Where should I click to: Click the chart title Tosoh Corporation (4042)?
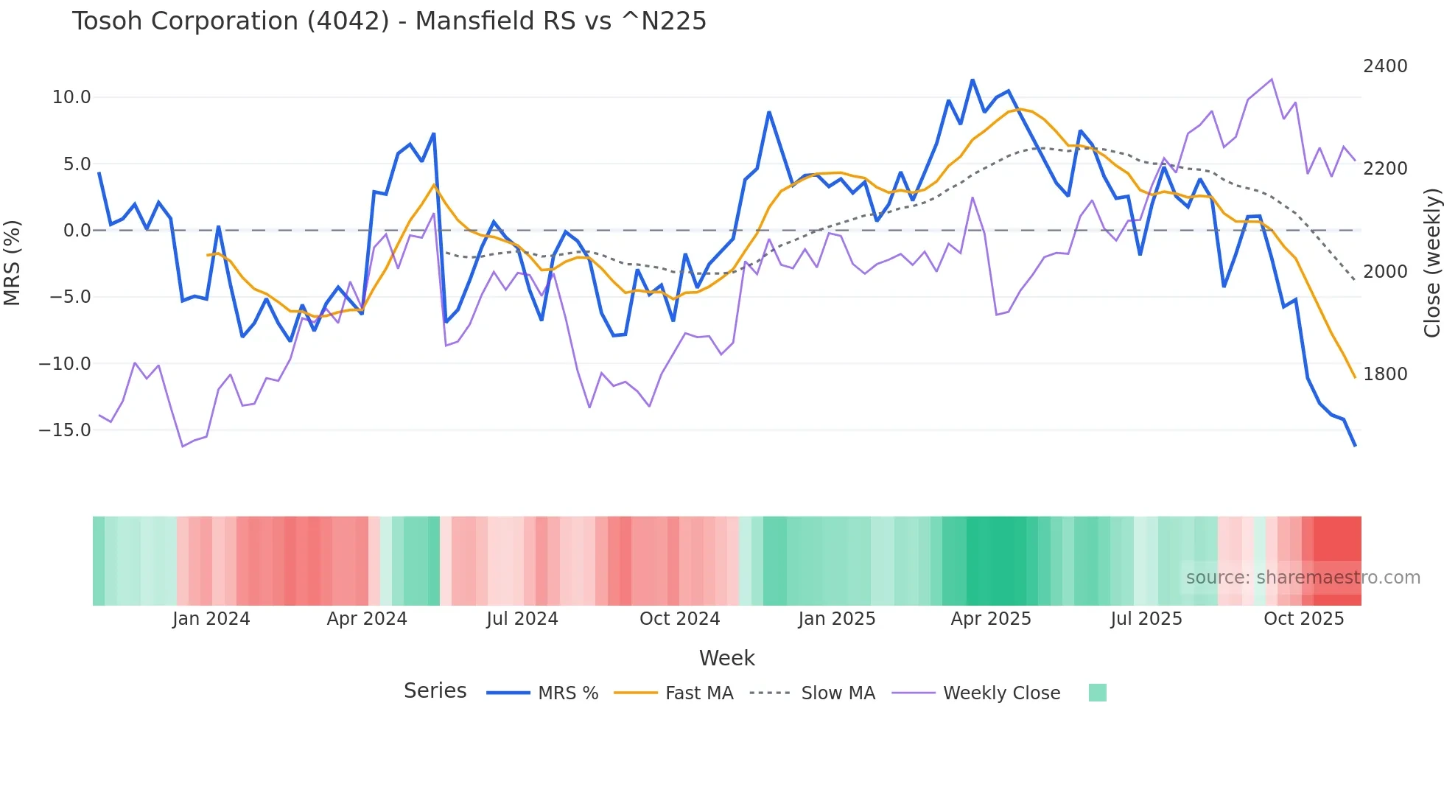[x=389, y=21]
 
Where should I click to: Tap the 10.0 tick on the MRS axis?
[x=71, y=97]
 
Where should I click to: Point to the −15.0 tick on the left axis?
[x=65, y=430]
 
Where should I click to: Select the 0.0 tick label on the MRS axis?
[x=77, y=231]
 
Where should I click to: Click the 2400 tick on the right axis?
[x=1385, y=66]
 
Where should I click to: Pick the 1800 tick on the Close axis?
[x=1385, y=374]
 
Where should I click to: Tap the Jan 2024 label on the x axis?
[x=211, y=619]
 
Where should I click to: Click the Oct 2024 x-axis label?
[x=679, y=619]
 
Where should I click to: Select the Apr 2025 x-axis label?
[x=991, y=619]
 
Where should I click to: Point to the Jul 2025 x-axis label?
[x=1146, y=619]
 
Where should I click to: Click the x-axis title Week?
[x=726, y=658]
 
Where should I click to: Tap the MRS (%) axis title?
[x=13, y=262]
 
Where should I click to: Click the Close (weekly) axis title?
[x=1431, y=263]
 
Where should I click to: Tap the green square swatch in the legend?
[x=1097, y=693]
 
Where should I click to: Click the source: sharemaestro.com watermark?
[x=1303, y=578]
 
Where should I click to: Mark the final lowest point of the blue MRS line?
[x=1355, y=446]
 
